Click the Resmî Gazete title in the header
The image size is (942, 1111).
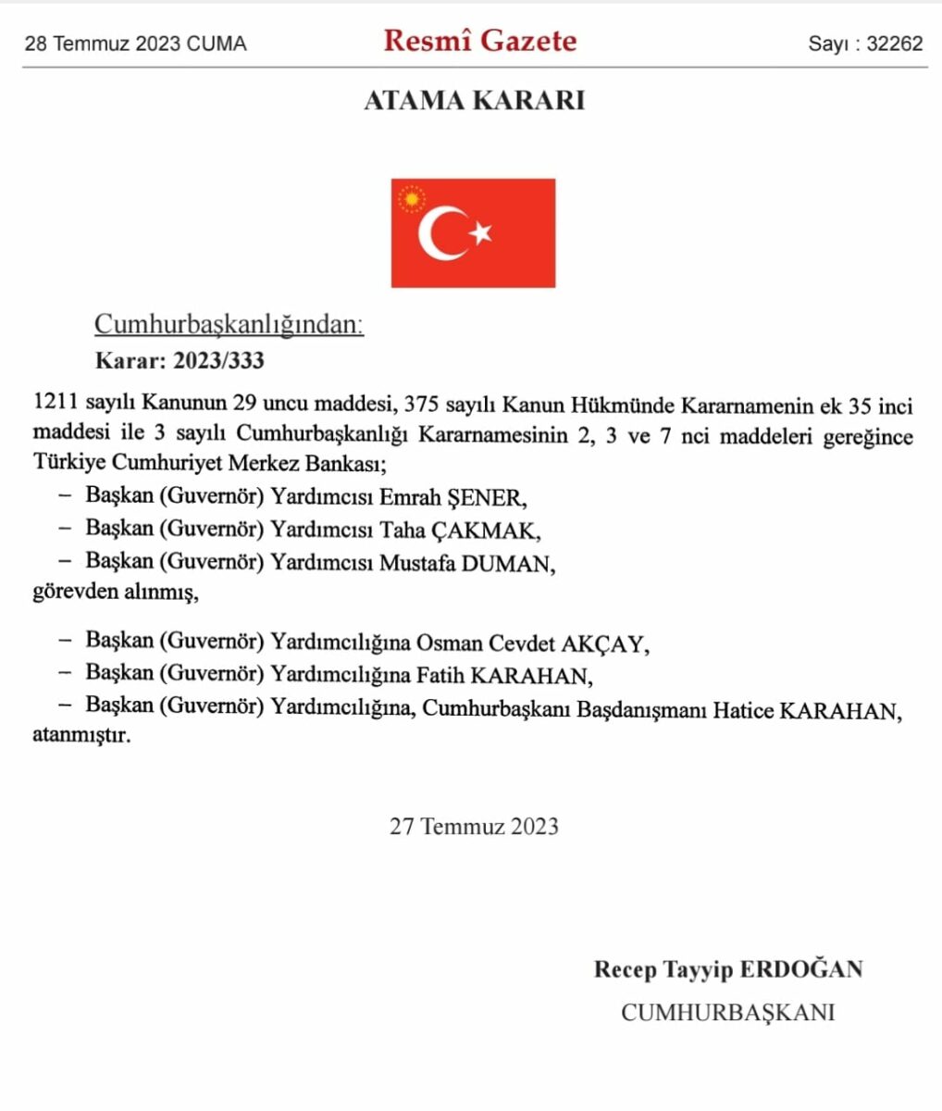(479, 42)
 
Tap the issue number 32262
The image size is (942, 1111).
(894, 44)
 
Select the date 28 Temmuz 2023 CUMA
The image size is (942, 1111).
(135, 44)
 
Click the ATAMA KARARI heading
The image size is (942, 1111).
(474, 101)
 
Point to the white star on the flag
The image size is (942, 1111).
(481, 233)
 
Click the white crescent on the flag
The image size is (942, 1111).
(440, 233)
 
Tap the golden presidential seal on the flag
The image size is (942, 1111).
(410, 198)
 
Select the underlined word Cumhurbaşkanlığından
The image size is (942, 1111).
(229, 325)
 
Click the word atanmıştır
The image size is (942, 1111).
(81, 738)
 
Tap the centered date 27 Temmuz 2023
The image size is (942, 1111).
(474, 826)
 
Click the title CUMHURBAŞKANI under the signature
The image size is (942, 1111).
(727, 1012)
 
